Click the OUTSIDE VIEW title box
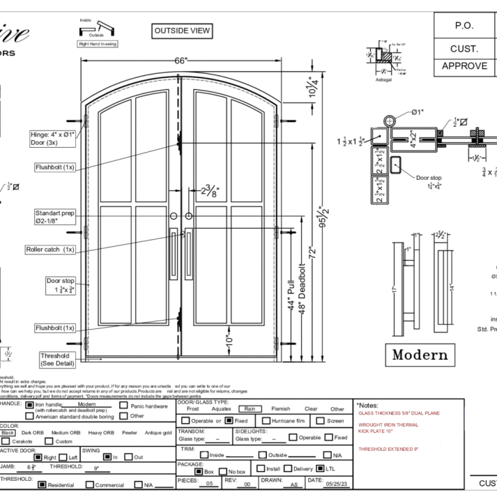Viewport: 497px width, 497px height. (x=181, y=31)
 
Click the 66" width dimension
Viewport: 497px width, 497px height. (x=181, y=61)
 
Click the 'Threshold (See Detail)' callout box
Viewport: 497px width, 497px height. (x=56, y=359)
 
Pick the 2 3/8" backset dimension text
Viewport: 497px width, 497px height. (x=210, y=190)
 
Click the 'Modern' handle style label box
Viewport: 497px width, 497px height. (x=420, y=355)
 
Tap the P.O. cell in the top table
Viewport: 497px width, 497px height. (x=464, y=26)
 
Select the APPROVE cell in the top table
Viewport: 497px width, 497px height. (x=464, y=66)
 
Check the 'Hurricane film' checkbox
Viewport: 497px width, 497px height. (x=266, y=421)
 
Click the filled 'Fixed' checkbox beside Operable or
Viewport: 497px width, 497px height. (x=229, y=421)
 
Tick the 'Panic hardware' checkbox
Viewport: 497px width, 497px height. (x=123, y=405)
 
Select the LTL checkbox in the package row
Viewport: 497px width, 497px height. (x=321, y=468)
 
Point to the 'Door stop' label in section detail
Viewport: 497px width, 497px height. (x=428, y=178)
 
